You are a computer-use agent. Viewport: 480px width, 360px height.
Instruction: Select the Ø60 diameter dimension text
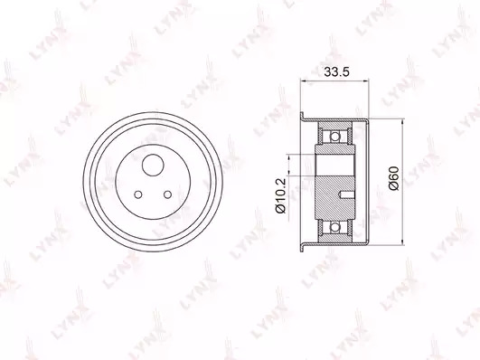coord(393,178)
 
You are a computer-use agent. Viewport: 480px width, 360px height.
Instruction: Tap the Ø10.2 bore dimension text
coord(280,194)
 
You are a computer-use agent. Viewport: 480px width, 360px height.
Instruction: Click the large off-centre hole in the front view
coord(153,165)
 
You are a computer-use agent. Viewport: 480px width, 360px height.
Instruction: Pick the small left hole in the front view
coord(138,194)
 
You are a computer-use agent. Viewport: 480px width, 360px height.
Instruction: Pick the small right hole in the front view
coord(168,194)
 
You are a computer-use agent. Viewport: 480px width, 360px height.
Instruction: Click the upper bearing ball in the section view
coord(335,136)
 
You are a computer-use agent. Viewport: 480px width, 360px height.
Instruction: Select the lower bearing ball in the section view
coord(335,227)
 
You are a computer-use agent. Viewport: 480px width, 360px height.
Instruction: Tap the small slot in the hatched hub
coord(347,194)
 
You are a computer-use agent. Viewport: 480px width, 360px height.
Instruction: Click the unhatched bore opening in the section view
coord(335,166)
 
